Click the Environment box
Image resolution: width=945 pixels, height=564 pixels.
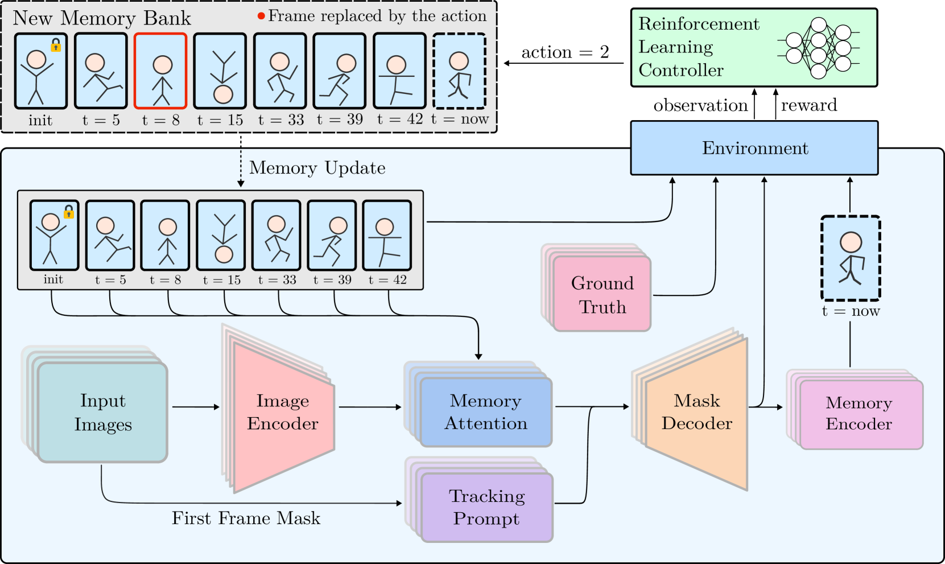[x=754, y=148]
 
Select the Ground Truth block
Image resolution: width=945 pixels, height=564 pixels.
[x=602, y=294]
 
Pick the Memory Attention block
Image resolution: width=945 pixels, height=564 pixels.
[x=485, y=412]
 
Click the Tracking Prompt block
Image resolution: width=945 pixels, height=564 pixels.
[x=486, y=507]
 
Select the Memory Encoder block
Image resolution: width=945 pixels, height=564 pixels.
[x=859, y=414]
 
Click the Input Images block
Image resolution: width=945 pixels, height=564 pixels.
[x=103, y=413]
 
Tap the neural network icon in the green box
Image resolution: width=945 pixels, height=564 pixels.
[x=818, y=48]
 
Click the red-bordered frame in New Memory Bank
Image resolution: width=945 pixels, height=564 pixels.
[x=160, y=71]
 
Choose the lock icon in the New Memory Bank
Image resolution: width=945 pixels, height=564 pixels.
[x=56, y=45]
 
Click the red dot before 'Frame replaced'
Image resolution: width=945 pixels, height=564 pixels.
[x=261, y=16]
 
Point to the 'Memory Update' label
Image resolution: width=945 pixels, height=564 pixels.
[x=317, y=168]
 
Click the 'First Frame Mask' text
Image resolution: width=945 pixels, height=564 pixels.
[x=246, y=518]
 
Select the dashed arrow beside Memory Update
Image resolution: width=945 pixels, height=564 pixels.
[x=241, y=168]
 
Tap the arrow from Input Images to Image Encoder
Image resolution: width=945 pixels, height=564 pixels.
[x=195, y=407]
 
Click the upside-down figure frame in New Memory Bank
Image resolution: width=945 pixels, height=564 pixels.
[x=220, y=71]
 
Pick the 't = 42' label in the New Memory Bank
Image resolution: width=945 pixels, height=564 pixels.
[x=400, y=120]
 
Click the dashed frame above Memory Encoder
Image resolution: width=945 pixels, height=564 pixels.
[x=851, y=258]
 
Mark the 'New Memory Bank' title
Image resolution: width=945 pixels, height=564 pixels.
[x=102, y=18]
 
